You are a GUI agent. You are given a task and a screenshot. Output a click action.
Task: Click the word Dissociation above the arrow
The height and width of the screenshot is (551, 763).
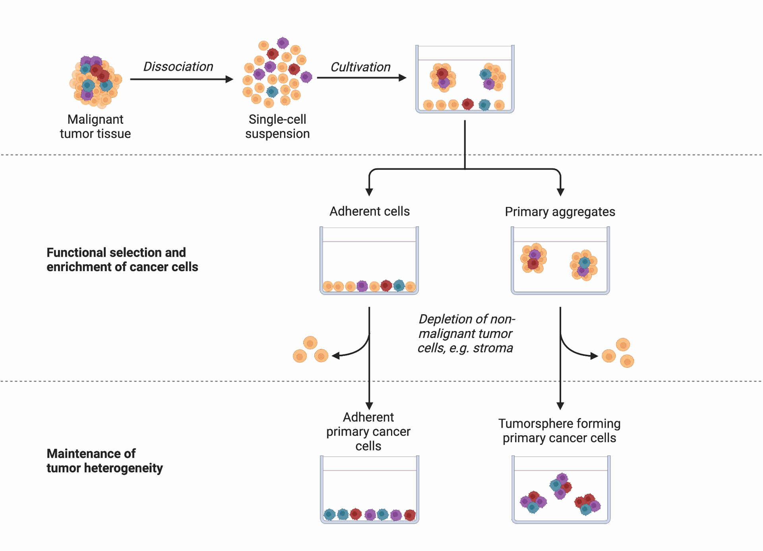tap(178, 66)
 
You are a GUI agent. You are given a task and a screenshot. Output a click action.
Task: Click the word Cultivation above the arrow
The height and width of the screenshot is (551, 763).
tap(360, 67)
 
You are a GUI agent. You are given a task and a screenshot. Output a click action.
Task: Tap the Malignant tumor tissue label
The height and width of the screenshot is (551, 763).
tap(95, 127)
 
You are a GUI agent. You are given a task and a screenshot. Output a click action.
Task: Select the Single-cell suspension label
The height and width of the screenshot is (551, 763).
tap(277, 127)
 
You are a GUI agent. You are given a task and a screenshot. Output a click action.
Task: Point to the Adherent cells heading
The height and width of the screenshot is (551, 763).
tap(370, 211)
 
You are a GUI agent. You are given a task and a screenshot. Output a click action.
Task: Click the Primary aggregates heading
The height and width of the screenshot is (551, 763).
tap(560, 212)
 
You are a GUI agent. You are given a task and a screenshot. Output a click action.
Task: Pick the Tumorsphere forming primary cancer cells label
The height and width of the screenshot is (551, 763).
tap(560, 430)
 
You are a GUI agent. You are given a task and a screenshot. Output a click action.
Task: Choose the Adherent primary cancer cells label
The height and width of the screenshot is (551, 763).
tap(368, 431)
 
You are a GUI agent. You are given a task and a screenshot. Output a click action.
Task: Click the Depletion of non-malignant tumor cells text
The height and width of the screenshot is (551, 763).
tap(466, 333)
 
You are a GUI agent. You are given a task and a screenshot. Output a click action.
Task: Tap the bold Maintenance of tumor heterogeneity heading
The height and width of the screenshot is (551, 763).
tap(105, 461)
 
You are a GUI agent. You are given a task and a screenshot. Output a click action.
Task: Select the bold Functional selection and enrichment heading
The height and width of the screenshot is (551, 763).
tap(122, 259)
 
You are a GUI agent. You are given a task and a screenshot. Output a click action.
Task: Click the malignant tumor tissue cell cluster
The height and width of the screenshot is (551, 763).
tap(95, 82)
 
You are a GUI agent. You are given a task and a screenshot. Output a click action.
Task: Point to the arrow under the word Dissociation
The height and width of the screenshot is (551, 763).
tap(181, 79)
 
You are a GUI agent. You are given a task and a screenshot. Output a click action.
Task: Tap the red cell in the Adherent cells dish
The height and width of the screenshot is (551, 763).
tap(386, 285)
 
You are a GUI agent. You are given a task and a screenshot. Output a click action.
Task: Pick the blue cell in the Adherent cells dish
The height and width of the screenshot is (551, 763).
tap(399, 285)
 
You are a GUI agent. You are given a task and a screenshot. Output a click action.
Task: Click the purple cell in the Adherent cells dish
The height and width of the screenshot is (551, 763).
tap(362, 286)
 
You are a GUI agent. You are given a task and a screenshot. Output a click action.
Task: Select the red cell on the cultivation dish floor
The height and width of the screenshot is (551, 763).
tap(468, 104)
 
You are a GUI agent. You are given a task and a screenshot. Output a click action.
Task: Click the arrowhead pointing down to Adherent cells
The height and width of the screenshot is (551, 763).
tap(369, 192)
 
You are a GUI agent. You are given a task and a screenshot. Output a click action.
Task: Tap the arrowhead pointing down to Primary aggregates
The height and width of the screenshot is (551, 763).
tap(560, 192)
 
